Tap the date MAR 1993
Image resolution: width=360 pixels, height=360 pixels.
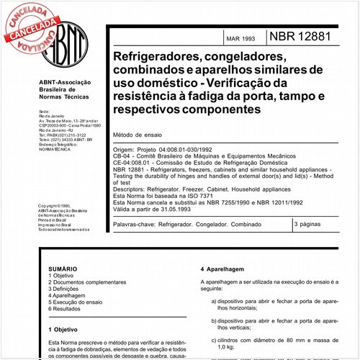tap(241, 38)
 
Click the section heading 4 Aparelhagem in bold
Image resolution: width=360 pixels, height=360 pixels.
tap(225, 267)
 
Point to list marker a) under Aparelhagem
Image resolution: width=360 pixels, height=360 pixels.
tap(215, 300)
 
